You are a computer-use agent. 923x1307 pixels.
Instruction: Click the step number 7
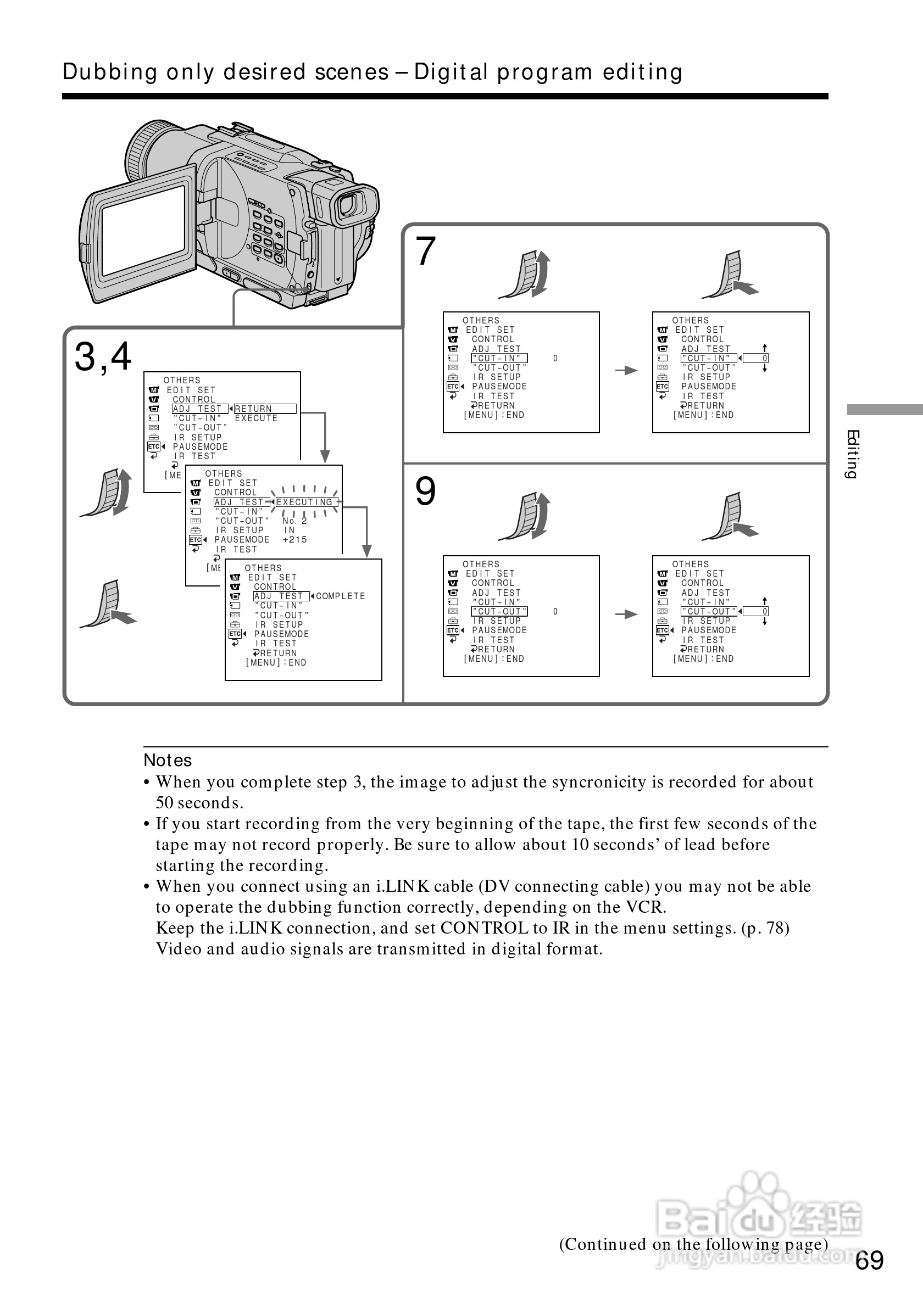(425, 251)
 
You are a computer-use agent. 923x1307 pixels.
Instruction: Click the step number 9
(425, 491)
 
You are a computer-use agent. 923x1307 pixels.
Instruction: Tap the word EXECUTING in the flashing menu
(304, 502)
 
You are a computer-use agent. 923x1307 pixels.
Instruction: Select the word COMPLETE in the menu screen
(341, 596)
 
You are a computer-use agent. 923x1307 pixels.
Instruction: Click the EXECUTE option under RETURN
(256, 418)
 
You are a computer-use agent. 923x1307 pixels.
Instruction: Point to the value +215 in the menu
(294, 540)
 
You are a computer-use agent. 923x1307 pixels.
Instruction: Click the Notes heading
(168, 761)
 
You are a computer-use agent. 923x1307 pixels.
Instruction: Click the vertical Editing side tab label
(852, 454)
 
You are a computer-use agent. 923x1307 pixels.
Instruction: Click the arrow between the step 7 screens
(626, 371)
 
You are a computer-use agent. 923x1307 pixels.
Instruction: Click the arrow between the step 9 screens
(626, 614)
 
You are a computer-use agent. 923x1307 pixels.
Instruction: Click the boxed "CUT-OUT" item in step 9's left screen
(499, 611)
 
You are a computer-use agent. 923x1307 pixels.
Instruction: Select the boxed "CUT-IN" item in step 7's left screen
(499, 358)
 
